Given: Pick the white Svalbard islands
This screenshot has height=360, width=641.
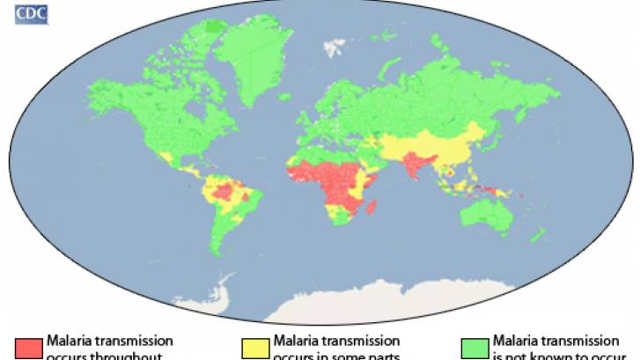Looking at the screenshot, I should [332, 41].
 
